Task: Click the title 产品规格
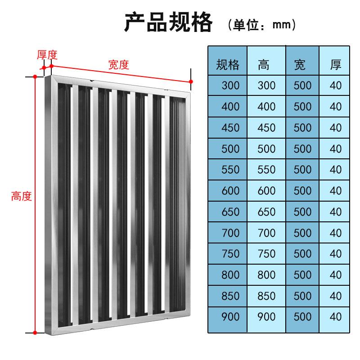point(168,22)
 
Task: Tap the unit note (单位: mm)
point(262,25)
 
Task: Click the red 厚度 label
point(47,55)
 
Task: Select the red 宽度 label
point(118,65)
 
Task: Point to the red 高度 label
point(22,197)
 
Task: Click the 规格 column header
point(228,65)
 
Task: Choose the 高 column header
point(264,65)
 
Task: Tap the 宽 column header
point(300,65)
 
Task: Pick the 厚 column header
point(336,65)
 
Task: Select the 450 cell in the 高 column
point(266,128)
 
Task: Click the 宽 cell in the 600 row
point(302,191)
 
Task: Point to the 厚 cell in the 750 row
point(336,254)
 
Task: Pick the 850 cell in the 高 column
point(266,296)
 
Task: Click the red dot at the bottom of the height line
point(35,333)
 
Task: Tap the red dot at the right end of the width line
point(191,81)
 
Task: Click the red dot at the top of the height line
point(35,76)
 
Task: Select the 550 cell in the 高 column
point(266,170)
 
